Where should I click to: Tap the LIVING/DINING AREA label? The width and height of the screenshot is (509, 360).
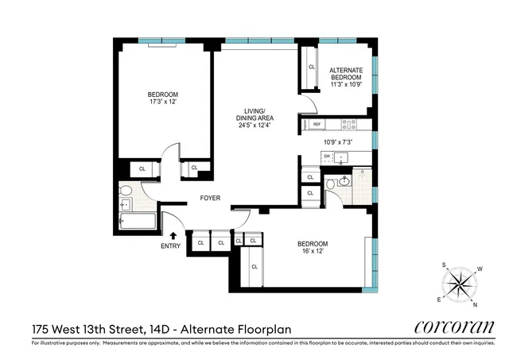(x=255, y=118)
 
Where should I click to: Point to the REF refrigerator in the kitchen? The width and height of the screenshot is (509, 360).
(x=317, y=125)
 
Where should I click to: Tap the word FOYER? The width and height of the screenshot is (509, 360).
(x=210, y=199)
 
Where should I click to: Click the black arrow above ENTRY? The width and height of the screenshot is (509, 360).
(x=173, y=234)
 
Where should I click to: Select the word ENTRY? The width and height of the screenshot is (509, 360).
(x=171, y=246)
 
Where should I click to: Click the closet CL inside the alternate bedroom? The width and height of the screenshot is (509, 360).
(x=311, y=68)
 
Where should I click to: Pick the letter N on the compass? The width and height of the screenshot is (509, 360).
(x=476, y=305)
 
